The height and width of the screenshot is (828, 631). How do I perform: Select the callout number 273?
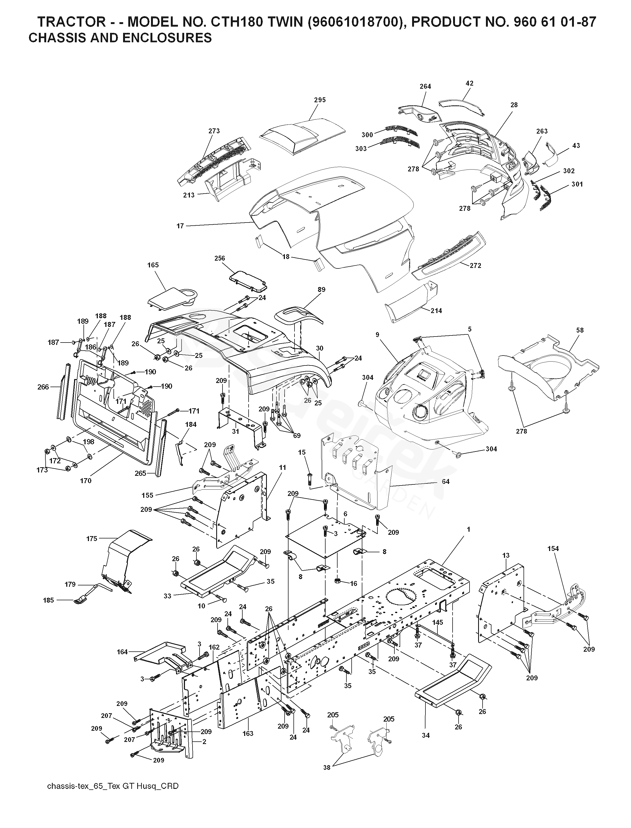click(214, 131)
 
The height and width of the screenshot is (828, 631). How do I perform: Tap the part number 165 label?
click(153, 265)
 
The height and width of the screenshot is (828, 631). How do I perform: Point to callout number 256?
click(220, 258)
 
